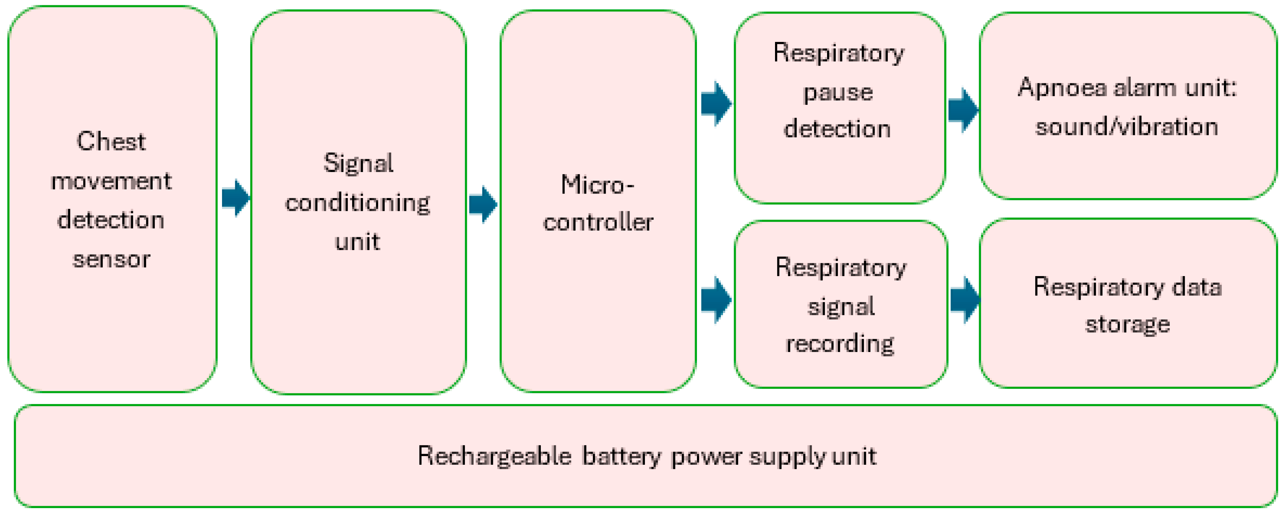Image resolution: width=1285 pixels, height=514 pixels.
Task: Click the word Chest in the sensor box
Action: tap(111, 142)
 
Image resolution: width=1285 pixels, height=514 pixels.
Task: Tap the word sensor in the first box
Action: tap(111, 259)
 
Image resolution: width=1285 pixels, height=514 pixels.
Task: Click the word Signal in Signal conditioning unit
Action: tap(358, 163)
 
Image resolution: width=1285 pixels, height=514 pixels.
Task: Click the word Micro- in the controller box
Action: tap(597, 185)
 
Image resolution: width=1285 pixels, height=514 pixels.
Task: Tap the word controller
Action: tap(598, 222)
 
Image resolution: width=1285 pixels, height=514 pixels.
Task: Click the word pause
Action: tap(838, 93)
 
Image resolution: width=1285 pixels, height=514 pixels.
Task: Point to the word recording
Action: tap(840, 343)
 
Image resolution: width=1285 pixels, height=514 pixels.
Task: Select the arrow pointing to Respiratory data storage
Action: tap(965, 300)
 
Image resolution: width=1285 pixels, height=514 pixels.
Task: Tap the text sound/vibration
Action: tap(1126, 127)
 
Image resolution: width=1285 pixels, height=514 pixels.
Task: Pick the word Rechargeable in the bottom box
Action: tap(494, 456)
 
